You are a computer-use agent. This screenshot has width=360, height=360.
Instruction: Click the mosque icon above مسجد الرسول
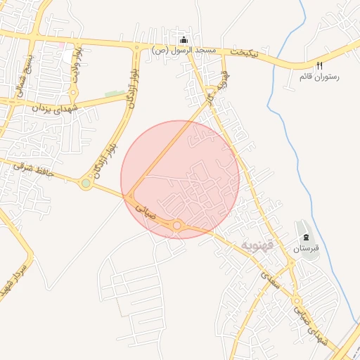point(184,40)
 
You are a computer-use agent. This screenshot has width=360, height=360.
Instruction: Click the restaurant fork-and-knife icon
point(320,65)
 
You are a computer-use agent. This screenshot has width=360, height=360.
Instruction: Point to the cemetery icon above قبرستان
point(306,236)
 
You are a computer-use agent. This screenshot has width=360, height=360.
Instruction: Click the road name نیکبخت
point(245,53)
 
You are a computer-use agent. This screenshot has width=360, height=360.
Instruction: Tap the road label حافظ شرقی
point(31,167)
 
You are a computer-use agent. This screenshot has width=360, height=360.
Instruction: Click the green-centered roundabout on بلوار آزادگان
point(86,184)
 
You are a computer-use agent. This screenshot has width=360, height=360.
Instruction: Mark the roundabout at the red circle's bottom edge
point(178,226)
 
